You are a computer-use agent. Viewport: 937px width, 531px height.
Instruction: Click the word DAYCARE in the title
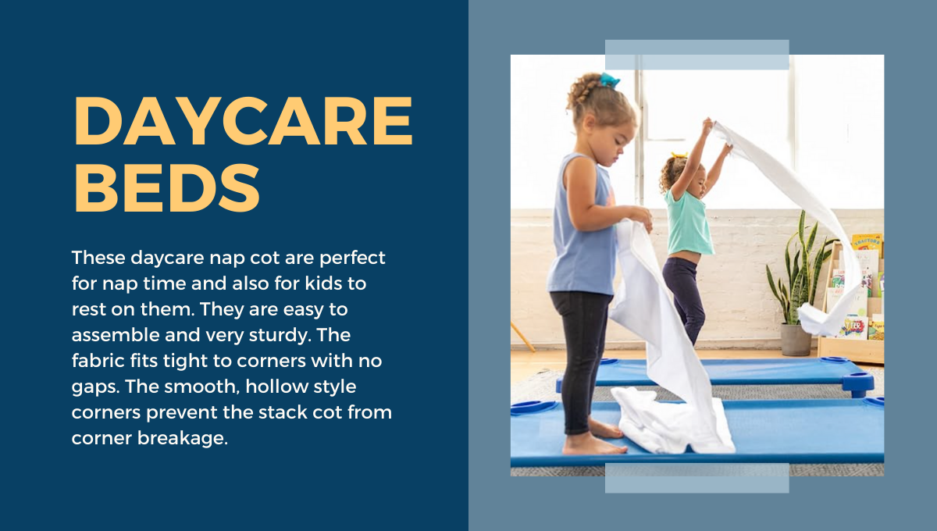244,121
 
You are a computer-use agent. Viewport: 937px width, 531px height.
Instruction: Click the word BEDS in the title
167,187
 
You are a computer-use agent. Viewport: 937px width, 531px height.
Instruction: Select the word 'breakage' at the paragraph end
183,439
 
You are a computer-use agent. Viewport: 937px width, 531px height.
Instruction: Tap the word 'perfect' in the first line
352,258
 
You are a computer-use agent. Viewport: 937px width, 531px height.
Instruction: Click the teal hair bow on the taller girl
610,80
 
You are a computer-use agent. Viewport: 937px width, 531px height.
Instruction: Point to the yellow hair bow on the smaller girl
679,155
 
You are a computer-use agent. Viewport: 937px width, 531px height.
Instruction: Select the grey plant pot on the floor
796,340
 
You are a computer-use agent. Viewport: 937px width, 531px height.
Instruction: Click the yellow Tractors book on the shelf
868,243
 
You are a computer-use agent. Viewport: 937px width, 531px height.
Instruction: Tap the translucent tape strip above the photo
697,55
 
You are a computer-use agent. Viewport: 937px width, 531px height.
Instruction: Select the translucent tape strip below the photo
697,478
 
